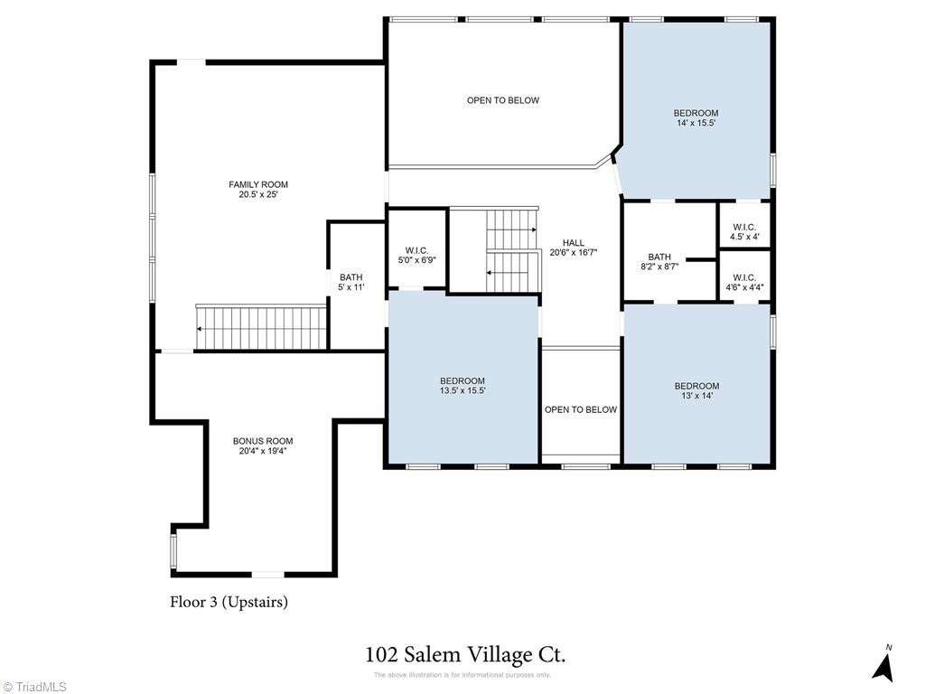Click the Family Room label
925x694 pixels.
[258, 189]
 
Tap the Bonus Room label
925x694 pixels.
[263, 445]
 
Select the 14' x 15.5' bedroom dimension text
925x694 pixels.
[696, 123]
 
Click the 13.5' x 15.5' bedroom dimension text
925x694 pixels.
[462, 390]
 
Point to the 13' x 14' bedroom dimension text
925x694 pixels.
[696, 396]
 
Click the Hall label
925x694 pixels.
[574, 242]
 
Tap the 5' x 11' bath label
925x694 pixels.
[351, 282]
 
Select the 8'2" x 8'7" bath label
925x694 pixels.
[659, 261]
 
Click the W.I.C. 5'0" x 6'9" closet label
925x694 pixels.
[416, 255]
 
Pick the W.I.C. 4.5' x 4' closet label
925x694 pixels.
[744, 232]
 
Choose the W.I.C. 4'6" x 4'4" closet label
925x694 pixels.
[744, 282]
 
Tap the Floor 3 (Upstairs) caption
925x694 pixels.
[229, 602]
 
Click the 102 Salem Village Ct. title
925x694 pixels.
[465, 654]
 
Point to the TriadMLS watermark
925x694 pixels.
[34, 687]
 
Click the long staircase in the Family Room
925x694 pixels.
[261, 327]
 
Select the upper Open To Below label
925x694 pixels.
[503, 100]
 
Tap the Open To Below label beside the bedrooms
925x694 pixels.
[581, 409]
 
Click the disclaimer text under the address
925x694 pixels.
[462, 675]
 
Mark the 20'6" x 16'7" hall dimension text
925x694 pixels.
[574, 252]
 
